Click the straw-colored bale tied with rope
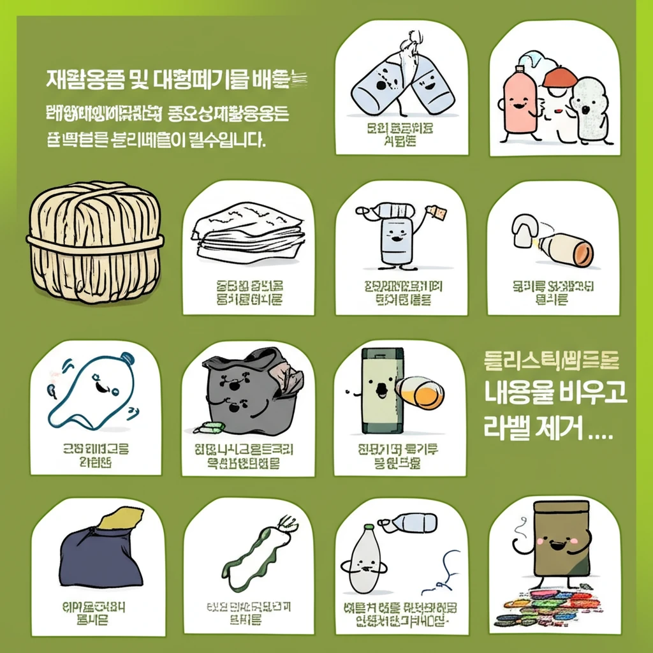(94, 241)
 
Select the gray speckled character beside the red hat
(590, 106)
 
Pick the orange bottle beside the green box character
(419, 392)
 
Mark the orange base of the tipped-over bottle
(581, 253)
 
